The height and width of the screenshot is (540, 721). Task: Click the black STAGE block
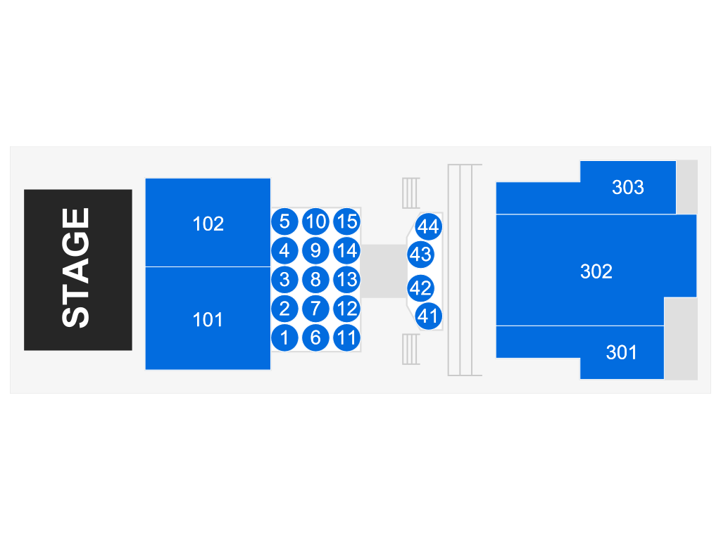pos(77,269)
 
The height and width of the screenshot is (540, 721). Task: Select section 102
pos(208,223)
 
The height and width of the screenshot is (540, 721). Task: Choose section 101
pos(208,319)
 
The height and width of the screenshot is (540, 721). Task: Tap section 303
pos(627,187)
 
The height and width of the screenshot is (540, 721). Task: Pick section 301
pos(621,352)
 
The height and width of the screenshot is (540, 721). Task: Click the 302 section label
pos(596,271)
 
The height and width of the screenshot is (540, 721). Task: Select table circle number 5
pos(284,222)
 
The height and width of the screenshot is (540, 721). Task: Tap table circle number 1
pos(284,337)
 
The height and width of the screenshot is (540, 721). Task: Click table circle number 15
pos(346,222)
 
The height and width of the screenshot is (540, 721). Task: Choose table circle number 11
pos(346,337)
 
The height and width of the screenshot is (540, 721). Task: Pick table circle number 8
pos(315,280)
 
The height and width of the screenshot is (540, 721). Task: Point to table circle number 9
pos(315,250)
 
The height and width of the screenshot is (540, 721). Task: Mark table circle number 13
pos(346,280)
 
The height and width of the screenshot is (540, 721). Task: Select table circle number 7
pos(315,309)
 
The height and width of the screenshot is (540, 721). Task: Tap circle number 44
pos(428,226)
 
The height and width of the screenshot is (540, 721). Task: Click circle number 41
pos(428,316)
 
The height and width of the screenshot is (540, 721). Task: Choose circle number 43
pos(420,254)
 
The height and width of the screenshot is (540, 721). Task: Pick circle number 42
pos(420,288)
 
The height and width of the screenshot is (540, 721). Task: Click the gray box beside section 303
pos(686,187)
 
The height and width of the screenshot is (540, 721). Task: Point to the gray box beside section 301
pos(680,338)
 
